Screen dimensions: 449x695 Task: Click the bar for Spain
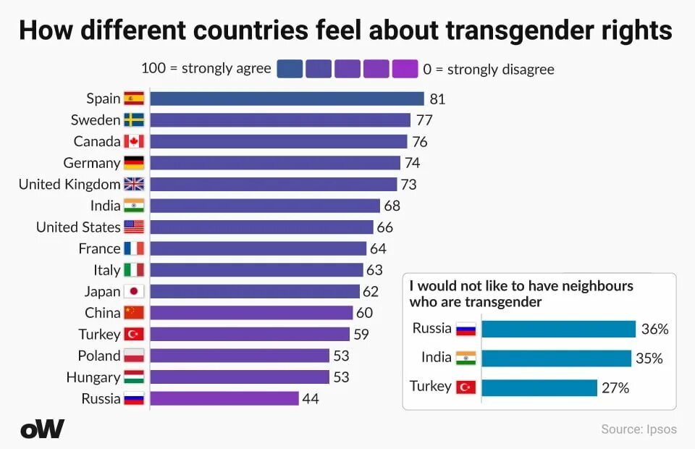(287, 98)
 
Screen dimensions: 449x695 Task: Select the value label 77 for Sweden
(424, 120)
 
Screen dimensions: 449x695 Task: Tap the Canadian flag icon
(134, 141)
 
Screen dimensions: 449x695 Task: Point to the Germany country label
(91, 163)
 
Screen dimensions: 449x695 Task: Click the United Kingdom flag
(134, 184)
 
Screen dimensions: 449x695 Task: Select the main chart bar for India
(265, 206)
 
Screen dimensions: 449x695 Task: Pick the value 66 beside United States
(384, 227)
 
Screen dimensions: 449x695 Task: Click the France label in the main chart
(99, 248)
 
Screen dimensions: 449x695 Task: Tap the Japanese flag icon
(134, 291)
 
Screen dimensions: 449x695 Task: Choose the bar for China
(251, 313)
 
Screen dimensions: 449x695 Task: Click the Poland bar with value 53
(240, 356)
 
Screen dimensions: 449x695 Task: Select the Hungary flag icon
(134, 377)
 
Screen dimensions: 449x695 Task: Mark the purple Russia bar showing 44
(224, 398)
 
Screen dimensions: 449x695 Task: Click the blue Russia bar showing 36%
(558, 330)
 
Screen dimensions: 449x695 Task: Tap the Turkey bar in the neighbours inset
(539, 387)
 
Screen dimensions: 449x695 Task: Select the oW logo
(42, 429)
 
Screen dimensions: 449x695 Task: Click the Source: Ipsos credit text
(639, 429)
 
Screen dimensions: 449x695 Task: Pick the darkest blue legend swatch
(290, 69)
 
